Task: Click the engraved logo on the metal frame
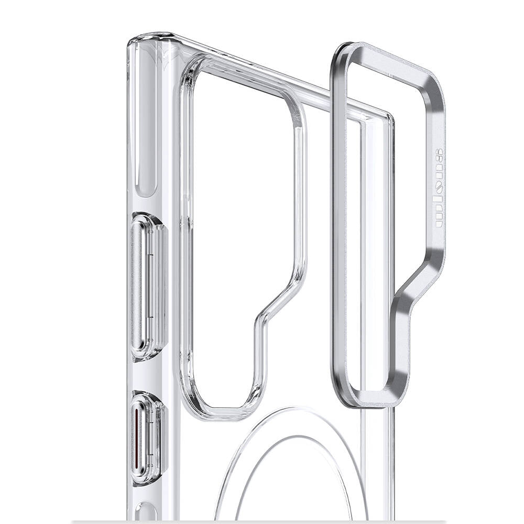439,189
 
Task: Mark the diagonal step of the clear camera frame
283,299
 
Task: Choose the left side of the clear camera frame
186,236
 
